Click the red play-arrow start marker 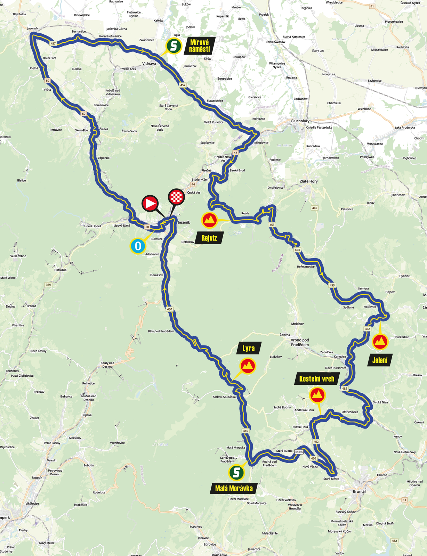point(150,203)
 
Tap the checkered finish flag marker point(176,197)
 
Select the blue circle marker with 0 point(138,246)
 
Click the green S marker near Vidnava point(174,46)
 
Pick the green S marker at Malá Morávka point(236,472)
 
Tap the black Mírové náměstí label point(200,46)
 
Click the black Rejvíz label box point(209,238)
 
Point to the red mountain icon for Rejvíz point(210,220)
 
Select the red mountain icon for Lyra point(248,366)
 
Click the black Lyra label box point(249,348)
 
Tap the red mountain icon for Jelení point(380,342)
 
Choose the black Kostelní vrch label point(316,379)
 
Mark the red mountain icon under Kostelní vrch point(317,395)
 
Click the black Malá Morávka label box point(234,488)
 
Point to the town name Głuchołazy point(300,121)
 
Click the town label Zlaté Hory point(308,181)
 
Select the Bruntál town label point(359,491)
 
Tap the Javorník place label point(33,28)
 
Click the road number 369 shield point(48,285)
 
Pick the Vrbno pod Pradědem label point(300,342)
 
